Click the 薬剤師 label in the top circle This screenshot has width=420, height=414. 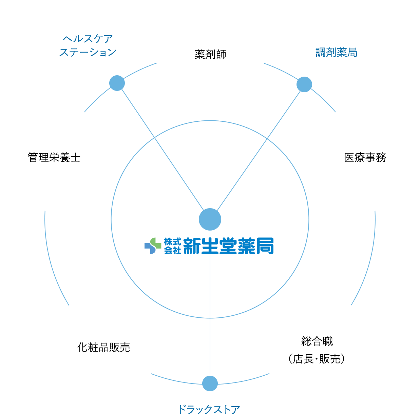coord(210,54)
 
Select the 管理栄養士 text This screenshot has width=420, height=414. coord(54,157)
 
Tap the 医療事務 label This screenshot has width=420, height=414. coord(365,157)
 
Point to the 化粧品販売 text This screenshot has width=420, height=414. coord(103,347)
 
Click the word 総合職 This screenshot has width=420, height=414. coord(317,341)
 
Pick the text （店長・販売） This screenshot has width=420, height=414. coord(317,359)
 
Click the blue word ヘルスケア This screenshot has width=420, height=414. coord(88,39)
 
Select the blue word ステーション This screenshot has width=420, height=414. coord(88,52)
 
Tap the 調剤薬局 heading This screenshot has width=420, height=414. coord(336,52)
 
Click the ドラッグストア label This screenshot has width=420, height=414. coord(209,409)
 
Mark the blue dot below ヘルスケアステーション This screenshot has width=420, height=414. coord(117,83)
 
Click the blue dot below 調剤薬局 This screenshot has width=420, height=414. coord(304,84)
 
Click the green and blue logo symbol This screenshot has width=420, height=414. coord(153,245)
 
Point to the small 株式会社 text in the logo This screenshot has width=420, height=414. coord(172,245)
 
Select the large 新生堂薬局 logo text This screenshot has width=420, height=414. coord(228,245)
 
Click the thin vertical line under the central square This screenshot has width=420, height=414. coord(210,334)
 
